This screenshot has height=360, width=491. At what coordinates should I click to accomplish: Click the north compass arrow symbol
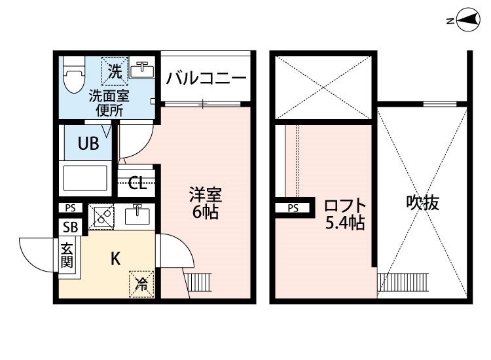pyautogui.click(x=467, y=21)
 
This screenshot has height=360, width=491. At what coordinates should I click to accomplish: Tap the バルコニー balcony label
pyautogui.click(x=206, y=79)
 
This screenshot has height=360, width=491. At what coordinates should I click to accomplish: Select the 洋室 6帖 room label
pyautogui.click(x=205, y=204)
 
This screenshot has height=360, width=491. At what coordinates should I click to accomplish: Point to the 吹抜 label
pyautogui.click(x=422, y=203)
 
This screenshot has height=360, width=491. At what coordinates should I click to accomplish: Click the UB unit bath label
pyautogui.click(x=88, y=144)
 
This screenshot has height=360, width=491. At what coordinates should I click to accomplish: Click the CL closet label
pyautogui.click(x=137, y=183)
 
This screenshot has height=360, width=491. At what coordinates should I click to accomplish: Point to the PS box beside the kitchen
pyautogui.click(x=70, y=208)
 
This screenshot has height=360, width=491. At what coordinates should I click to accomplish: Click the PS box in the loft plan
pyautogui.click(x=293, y=208)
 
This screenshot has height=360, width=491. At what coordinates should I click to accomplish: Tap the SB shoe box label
pyautogui.click(x=69, y=226)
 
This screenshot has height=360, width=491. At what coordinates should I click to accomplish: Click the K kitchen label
pyautogui.click(x=114, y=259)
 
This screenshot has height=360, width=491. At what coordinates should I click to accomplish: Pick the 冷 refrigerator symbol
pyautogui.click(x=141, y=283)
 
